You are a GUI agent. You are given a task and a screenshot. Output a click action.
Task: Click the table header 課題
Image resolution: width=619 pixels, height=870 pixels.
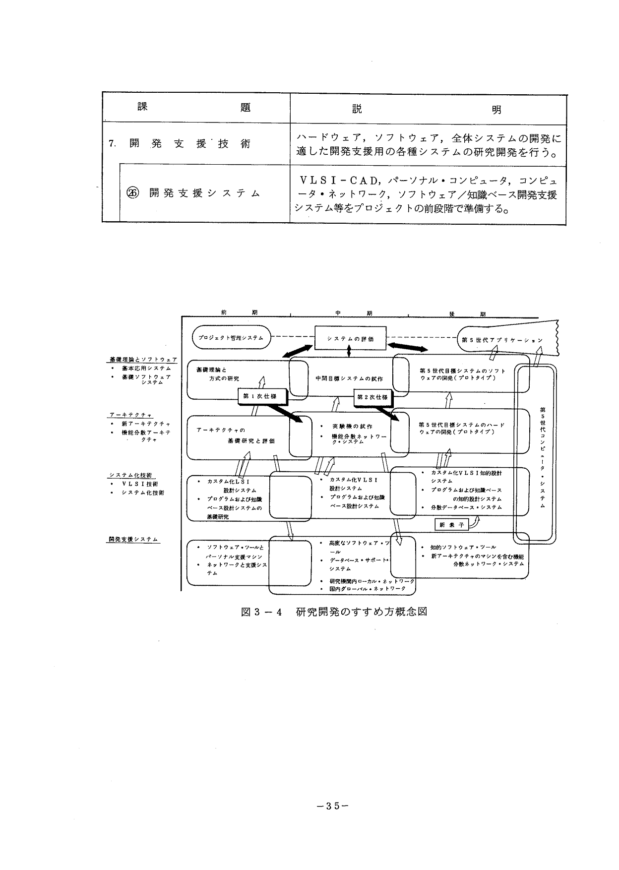coord(193,107)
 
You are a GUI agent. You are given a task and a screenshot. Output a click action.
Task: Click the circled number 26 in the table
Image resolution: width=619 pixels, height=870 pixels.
coord(133,193)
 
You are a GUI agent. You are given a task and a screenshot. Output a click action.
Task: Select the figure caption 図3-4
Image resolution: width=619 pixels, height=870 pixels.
coord(261,612)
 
